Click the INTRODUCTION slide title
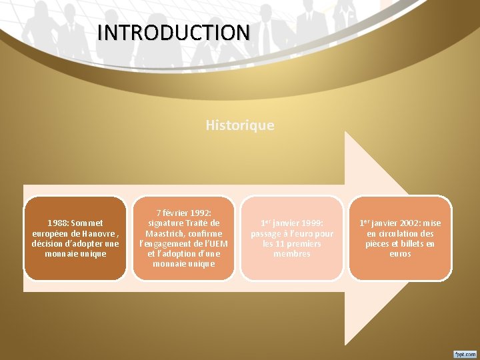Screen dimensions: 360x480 (x=173, y=32)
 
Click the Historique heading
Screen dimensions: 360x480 (x=240, y=125)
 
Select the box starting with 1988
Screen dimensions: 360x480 (x=75, y=238)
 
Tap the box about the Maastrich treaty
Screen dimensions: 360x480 (x=183, y=238)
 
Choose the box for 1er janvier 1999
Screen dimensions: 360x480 (x=292, y=238)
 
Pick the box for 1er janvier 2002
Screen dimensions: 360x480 (x=400, y=238)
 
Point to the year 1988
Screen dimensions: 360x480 (x=57, y=223)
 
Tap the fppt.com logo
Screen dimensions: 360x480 (x=465, y=353)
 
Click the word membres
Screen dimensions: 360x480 (x=292, y=253)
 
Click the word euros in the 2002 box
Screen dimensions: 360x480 (x=400, y=253)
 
